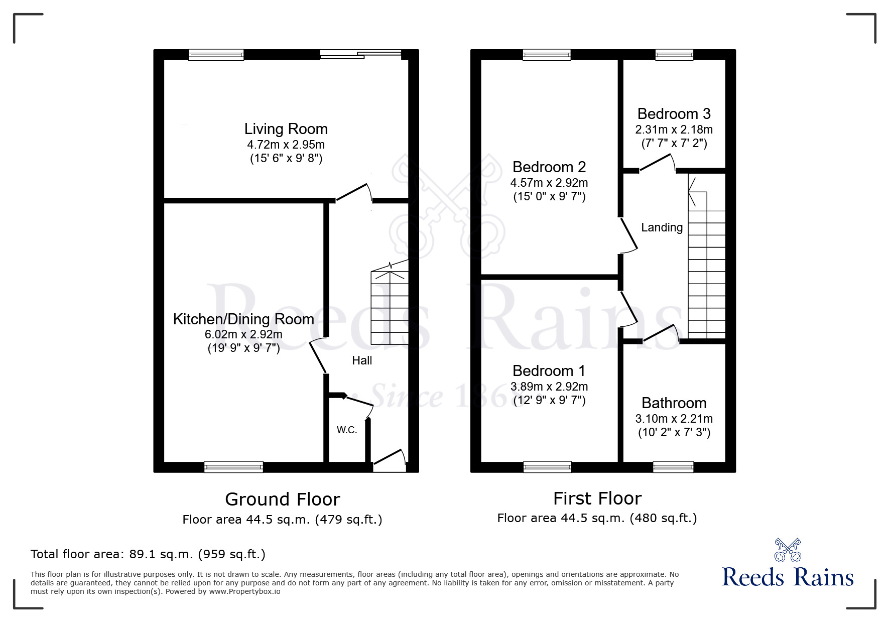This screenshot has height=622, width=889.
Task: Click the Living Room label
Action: (x=286, y=129)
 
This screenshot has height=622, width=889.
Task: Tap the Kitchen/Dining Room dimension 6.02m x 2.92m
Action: (x=243, y=334)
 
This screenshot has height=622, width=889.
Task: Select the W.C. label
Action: (x=347, y=430)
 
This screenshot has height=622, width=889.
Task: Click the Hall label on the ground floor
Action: (x=362, y=360)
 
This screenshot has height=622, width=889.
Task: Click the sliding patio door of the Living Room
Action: (x=360, y=55)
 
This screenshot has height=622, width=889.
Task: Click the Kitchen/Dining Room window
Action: (x=233, y=467)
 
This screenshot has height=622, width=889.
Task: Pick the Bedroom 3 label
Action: (x=674, y=114)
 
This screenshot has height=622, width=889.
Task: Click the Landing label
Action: (x=662, y=227)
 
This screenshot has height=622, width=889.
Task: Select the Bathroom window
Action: (x=673, y=467)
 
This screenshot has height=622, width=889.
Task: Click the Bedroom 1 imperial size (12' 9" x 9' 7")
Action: (x=549, y=401)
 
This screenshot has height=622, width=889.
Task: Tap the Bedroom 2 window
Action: (x=547, y=55)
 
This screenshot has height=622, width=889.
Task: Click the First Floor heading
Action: (x=597, y=499)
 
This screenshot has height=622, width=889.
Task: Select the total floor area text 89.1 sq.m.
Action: (x=148, y=554)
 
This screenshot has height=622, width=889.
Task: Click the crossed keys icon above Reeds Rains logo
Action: (x=788, y=550)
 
